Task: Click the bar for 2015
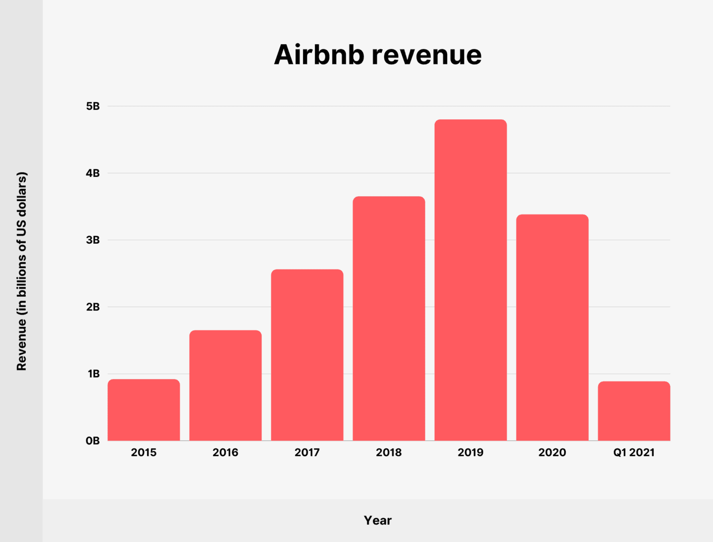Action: coord(144,410)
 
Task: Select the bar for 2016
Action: coord(225,385)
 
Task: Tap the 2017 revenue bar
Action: coord(307,355)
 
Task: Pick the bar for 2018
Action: coord(389,318)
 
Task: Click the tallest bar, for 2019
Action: coord(470,280)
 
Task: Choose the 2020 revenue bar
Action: coord(552,327)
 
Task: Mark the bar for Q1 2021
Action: coord(634,411)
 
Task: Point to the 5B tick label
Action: coord(93,107)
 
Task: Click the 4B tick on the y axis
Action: coord(93,173)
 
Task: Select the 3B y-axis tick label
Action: coord(93,240)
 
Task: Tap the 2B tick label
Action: coord(93,307)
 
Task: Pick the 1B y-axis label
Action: coord(94,374)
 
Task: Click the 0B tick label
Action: coord(93,441)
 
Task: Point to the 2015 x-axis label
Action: coord(144,452)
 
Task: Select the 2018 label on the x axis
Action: coord(389,452)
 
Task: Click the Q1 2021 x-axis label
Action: coord(634,452)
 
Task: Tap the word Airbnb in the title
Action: coord(319,54)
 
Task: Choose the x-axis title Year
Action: coord(378,520)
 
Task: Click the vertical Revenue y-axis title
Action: coord(21,271)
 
